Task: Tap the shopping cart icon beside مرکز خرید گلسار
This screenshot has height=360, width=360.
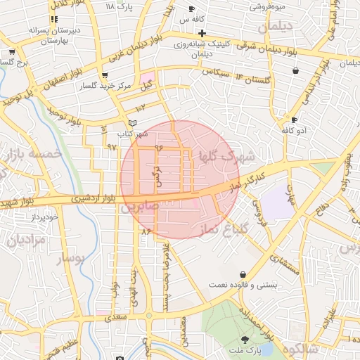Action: (x=105, y=75)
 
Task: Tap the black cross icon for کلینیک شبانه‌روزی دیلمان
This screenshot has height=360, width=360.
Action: (x=202, y=33)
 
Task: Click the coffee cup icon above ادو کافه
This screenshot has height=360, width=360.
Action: (x=285, y=120)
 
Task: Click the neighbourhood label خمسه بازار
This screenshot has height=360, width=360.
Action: (x=32, y=153)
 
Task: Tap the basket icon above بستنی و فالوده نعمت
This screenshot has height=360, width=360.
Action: (x=243, y=274)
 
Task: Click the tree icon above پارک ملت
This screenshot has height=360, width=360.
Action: (x=245, y=339)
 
